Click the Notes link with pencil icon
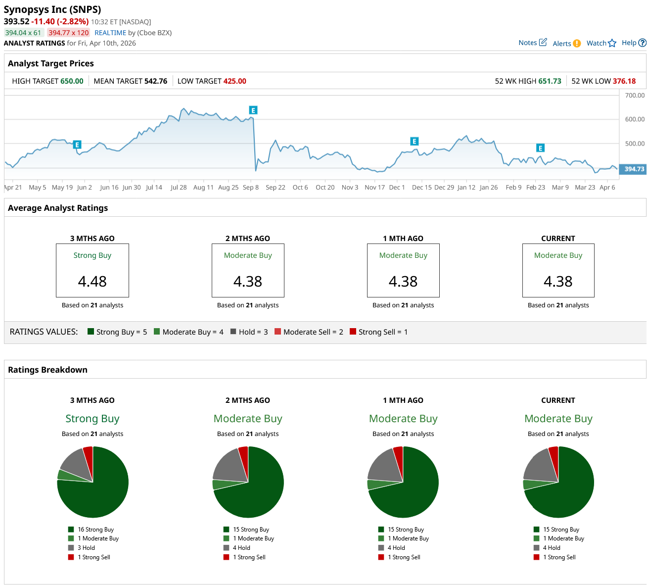(x=532, y=43)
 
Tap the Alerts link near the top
(x=566, y=44)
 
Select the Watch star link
(x=601, y=43)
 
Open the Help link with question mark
(x=633, y=43)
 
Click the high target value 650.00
(x=72, y=81)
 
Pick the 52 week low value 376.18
(x=624, y=81)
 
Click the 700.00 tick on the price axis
(x=635, y=96)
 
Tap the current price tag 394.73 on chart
(x=634, y=169)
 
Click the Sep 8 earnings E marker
(x=253, y=110)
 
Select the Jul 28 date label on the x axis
(x=179, y=188)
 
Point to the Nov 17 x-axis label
(x=374, y=188)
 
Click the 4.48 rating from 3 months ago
(x=92, y=282)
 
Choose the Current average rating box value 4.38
(x=558, y=282)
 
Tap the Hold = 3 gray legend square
(x=233, y=332)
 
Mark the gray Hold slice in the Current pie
(x=539, y=465)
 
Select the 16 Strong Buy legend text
(x=95, y=530)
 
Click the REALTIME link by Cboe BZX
(x=110, y=33)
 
